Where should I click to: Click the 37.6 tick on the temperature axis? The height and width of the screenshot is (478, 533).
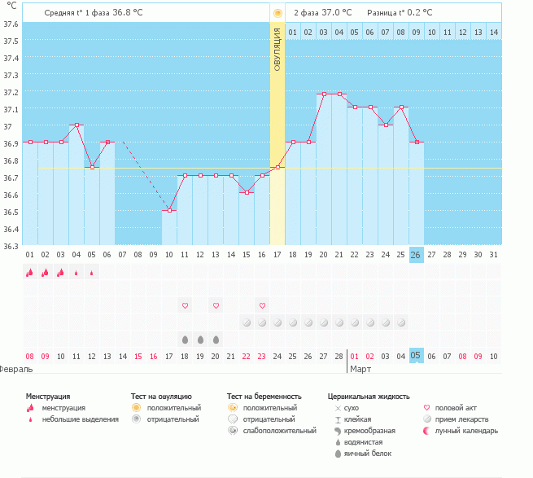[x=10, y=24]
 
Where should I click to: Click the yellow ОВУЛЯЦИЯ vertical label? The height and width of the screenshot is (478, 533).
[x=277, y=49]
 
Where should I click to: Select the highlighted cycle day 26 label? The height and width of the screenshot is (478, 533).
[x=416, y=255]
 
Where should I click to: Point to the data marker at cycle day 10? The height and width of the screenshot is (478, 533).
[x=169, y=211]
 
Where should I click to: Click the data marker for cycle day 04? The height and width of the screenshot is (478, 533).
[x=76, y=125]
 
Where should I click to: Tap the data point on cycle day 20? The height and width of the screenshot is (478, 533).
[x=324, y=94]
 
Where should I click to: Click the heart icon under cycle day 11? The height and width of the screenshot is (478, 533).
[x=185, y=305]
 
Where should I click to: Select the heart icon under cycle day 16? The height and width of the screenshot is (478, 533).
[x=262, y=305]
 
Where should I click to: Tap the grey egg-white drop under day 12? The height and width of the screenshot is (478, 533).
[x=200, y=339]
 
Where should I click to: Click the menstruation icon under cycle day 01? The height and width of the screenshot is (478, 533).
[x=30, y=273]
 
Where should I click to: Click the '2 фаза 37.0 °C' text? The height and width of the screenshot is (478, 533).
[x=322, y=12]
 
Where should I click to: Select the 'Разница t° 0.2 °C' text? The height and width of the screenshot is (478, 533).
[x=400, y=12]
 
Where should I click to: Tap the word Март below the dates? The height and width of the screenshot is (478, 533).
[x=360, y=369]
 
